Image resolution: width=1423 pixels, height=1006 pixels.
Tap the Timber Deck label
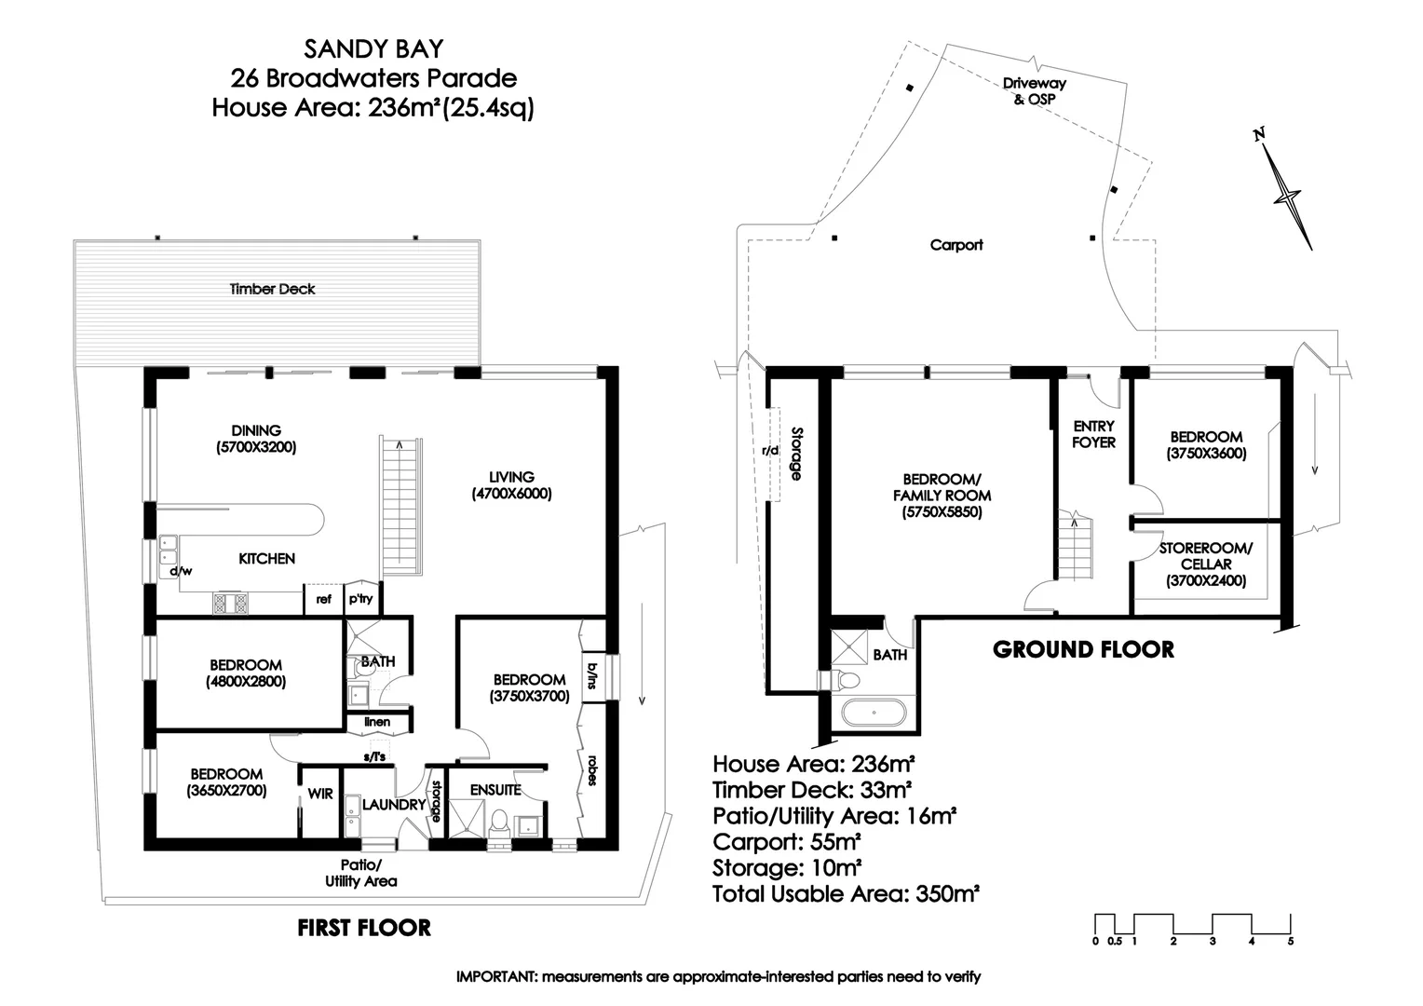pos(272,290)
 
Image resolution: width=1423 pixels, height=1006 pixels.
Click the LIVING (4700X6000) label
pos(511,485)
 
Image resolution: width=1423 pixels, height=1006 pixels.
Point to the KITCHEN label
pos(267,559)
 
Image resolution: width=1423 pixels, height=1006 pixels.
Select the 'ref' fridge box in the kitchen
pos(323,599)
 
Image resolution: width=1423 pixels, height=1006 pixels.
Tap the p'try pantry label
pos(360,598)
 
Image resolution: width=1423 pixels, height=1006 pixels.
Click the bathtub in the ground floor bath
pos(874,715)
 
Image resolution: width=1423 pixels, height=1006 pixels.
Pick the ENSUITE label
pos(495,790)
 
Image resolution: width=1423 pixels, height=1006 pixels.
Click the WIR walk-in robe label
pos(320,795)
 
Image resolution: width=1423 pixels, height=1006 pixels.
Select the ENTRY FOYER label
pos(1093,434)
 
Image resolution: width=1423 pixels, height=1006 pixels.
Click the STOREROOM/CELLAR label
pos(1206,564)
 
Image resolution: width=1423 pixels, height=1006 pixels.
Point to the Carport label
pos(956,245)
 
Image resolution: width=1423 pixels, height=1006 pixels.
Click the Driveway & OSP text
pos(1034,90)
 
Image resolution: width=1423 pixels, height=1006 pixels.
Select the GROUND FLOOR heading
pos(1083,649)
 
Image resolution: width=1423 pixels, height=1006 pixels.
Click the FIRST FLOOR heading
pos(364,928)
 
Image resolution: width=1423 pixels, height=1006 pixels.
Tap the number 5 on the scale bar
pos(1291,942)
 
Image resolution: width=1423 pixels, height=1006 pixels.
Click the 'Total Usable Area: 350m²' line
pos(845,894)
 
